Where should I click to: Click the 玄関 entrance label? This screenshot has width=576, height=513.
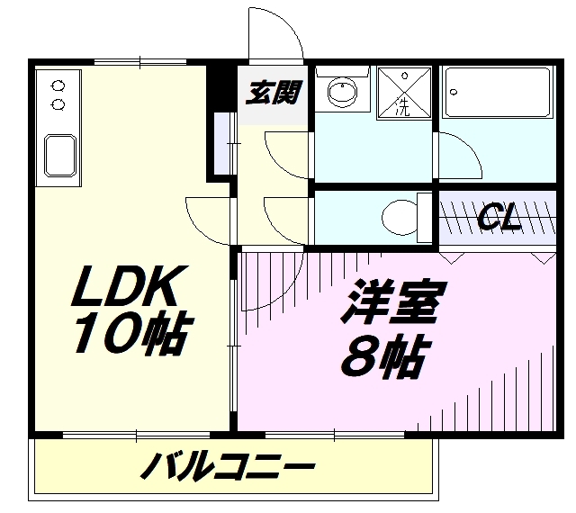point(274,92)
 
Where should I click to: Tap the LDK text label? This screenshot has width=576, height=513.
point(130,286)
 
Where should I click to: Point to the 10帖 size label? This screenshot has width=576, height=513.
point(133,332)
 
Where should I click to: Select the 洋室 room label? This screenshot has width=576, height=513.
point(393,302)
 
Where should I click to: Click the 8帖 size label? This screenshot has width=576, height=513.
point(385,355)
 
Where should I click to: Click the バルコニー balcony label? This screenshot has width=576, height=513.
point(228,466)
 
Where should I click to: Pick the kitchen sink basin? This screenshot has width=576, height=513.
point(60,155)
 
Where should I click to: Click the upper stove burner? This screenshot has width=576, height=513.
point(58,86)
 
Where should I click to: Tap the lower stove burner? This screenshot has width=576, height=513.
point(58,104)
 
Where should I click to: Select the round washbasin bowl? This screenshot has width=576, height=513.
point(342,92)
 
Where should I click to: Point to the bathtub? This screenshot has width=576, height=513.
point(498,92)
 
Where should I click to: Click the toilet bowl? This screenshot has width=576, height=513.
point(400,218)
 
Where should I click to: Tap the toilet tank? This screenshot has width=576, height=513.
point(425,218)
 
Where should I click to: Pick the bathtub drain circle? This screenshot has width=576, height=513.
point(454,92)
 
